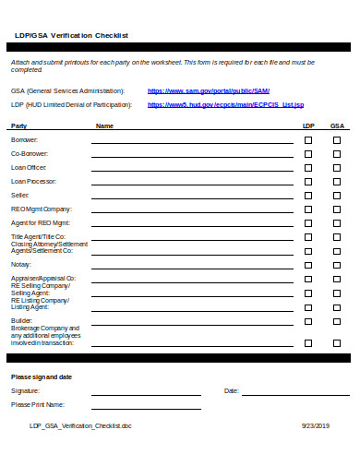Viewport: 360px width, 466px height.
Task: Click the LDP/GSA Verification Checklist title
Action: click(72, 35)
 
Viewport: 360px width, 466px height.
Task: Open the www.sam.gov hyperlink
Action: click(209, 91)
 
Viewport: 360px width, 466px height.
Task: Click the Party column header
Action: click(19, 125)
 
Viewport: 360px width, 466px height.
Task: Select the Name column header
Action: click(104, 125)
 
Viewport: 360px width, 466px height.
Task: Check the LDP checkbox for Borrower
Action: click(308, 140)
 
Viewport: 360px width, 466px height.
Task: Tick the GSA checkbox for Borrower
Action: click(337, 140)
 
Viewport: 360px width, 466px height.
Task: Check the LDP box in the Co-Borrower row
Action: click(308, 154)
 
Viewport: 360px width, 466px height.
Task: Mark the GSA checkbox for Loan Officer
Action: click(337, 168)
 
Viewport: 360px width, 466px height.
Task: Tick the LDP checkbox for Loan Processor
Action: click(308, 182)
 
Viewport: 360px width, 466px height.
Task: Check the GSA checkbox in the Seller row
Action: click(337, 196)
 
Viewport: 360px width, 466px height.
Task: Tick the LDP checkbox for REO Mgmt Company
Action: click(308, 209)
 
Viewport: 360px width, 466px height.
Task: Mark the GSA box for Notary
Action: click(337, 265)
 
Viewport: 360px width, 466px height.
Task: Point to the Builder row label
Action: click(21, 320)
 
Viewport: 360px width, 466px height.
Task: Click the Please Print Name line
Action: click(145, 407)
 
